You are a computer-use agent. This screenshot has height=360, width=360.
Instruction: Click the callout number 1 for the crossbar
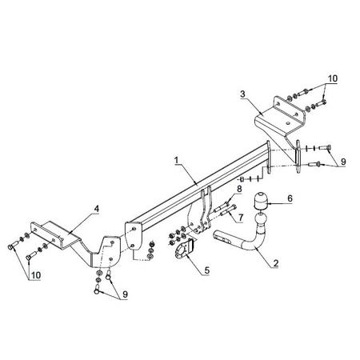pos(176,161)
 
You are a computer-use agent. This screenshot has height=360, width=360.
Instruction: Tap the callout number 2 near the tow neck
pos(276,263)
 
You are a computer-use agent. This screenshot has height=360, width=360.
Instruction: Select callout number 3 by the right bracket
pos(242,94)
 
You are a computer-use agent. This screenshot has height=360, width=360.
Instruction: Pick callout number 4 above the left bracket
pos(96,209)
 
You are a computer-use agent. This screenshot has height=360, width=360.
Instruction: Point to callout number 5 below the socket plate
pos(207,270)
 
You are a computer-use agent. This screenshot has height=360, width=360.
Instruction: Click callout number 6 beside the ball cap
pos(290,198)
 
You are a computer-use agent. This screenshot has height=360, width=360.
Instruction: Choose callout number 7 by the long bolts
pos(241,218)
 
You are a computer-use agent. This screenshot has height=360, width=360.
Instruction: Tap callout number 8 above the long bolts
pos(239,189)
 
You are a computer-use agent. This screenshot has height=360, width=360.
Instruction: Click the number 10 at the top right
pos(333,78)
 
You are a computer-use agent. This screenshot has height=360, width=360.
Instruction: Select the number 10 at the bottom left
pos(36,275)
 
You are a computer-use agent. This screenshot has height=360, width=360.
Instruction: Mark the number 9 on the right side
pos(343,162)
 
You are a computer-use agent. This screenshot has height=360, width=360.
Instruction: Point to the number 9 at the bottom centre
pos(125,294)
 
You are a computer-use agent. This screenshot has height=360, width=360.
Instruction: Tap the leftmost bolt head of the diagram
pos(11,247)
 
